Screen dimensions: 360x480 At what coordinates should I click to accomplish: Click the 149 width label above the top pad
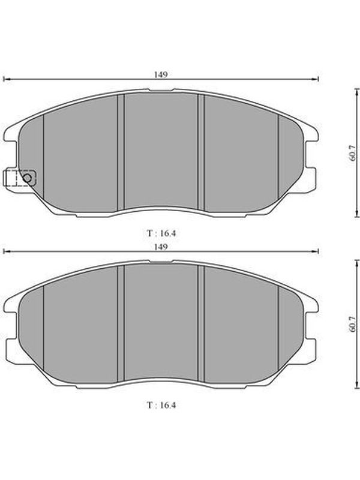(161, 74)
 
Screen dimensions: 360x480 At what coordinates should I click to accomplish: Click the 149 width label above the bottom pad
(161, 247)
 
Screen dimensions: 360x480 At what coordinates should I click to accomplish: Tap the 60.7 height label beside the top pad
(353, 154)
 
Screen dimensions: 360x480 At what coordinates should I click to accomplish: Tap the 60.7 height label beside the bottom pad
(353, 324)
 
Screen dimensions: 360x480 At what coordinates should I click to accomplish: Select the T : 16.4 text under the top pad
(161, 233)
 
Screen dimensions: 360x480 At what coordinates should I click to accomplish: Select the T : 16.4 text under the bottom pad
(161, 405)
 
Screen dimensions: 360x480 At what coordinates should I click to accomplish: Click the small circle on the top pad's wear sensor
(27, 178)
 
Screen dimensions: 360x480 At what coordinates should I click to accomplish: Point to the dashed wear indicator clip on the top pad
(19, 178)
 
